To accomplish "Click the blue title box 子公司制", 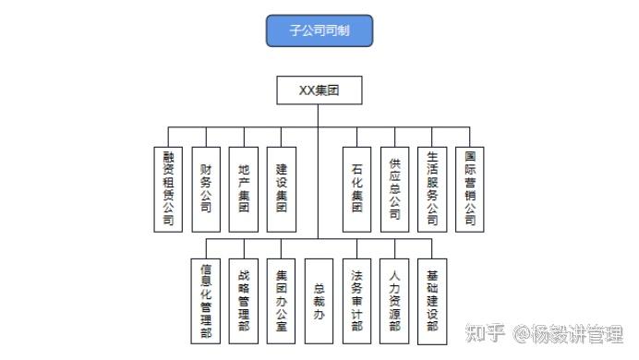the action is click(x=319, y=30).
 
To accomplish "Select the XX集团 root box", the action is click(x=319, y=90).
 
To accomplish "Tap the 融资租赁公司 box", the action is click(x=168, y=189).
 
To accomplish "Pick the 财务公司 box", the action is click(x=206, y=189).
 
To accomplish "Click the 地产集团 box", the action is click(x=244, y=189).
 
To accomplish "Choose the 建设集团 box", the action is click(x=282, y=189).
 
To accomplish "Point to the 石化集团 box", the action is click(x=357, y=189).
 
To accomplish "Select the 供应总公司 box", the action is click(x=394, y=189).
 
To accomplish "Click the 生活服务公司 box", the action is click(x=432, y=189).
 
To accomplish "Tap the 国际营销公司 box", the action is click(x=469, y=189).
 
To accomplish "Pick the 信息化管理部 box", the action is click(x=206, y=301).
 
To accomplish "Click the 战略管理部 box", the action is click(x=244, y=301).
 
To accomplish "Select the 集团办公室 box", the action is click(x=282, y=301).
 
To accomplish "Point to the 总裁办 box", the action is click(x=319, y=301).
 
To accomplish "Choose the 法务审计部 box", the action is click(x=357, y=301).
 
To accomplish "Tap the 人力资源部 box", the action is click(x=394, y=301).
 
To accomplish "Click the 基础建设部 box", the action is click(x=432, y=301).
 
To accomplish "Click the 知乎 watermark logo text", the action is click(x=485, y=333).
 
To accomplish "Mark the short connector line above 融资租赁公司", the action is click(x=168, y=137).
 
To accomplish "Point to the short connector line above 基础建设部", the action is click(x=432, y=249).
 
